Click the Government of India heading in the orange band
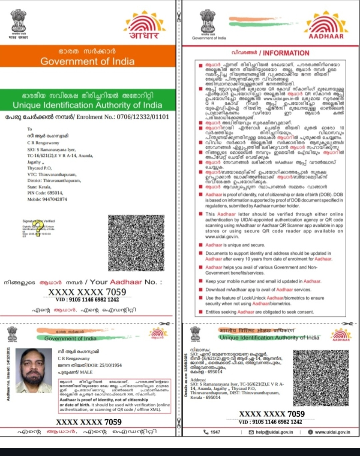[x=87, y=61]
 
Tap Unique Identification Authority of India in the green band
[x=87, y=105]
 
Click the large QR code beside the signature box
[x=136, y=243]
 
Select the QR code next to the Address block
[x=321, y=378]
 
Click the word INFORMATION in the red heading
[x=286, y=53]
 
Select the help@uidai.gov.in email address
[x=274, y=432]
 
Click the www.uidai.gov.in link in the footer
[x=332, y=432]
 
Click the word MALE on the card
[x=86, y=372]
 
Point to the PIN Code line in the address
[x=45, y=193]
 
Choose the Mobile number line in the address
[x=47, y=199]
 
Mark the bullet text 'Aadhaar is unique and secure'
[x=235, y=245]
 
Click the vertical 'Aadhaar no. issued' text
[x=8, y=374]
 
